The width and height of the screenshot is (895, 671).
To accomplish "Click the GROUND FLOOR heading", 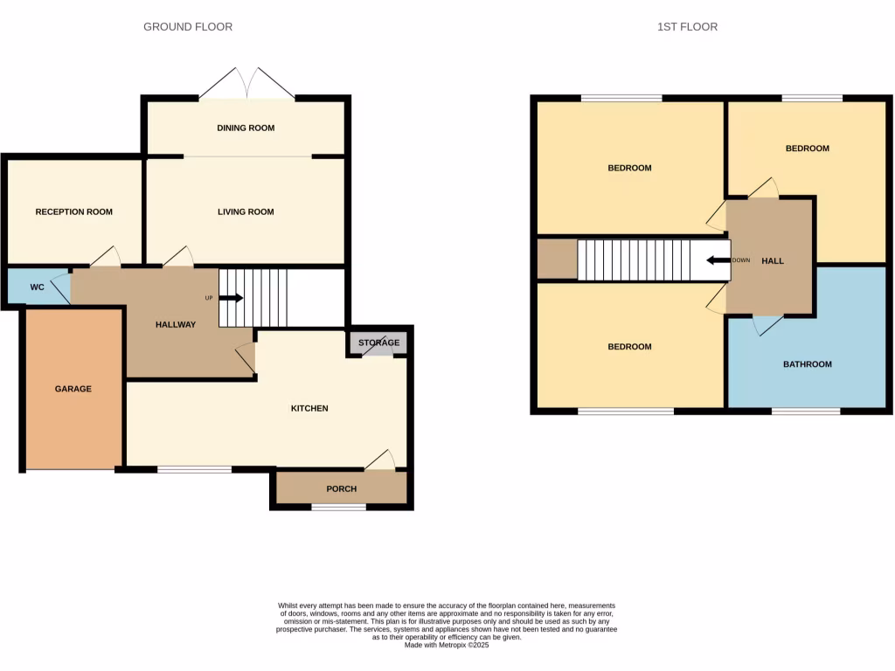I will pyautogui.click(x=188, y=27).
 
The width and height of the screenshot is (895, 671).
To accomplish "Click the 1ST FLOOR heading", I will pyautogui.click(x=687, y=27).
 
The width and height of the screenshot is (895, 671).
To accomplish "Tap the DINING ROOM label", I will pyautogui.click(x=246, y=128).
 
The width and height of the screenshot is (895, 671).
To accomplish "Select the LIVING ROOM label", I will pyautogui.click(x=246, y=211).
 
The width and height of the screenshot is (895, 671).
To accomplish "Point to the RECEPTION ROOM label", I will pyautogui.click(x=73, y=211).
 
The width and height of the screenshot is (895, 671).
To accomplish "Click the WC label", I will pyautogui.click(x=37, y=287).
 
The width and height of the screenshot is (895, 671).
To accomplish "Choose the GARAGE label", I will pyautogui.click(x=73, y=389).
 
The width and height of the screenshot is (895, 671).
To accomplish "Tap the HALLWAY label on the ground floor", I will pyautogui.click(x=176, y=324).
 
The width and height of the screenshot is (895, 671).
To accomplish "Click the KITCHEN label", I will pyautogui.click(x=309, y=408).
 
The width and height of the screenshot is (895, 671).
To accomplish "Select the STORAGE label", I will pyautogui.click(x=378, y=342).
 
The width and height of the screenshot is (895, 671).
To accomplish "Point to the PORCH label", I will pyautogui.click(x=341, y=488).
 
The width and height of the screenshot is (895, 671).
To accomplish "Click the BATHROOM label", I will pyautogui.click(x=807, y=364).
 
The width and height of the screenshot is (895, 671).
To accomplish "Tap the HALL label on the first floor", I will pyautogui.click(x=773, y=260).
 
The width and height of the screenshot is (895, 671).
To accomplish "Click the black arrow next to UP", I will pyautogui.click(x=231, y=298).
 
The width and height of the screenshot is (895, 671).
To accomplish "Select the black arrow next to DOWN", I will pyautogui.click(x=718, y=260).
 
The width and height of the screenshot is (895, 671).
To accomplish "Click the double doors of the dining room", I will pyautogui.click(x=246, y=85).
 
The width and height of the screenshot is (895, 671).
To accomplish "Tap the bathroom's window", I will pyautogui.click(x=806, y=411).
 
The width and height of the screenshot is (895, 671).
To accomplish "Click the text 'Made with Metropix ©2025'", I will pyautogui.click(x=447, y=645).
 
